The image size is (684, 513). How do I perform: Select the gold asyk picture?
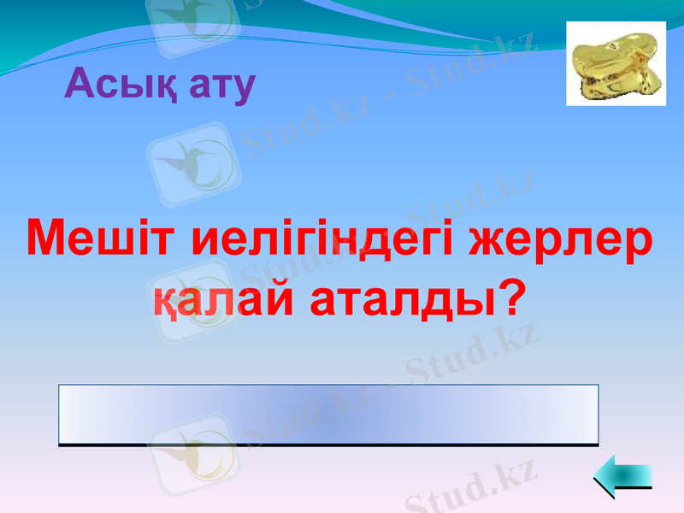click(x=616, y=64)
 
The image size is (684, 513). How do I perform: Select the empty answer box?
click(x=328, y=415)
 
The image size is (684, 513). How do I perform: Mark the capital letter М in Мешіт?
click(x=50, y=238)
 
